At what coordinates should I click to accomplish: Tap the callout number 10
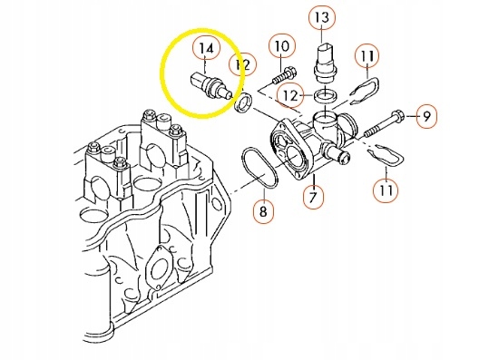[281, 45]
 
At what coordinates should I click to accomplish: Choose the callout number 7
[313, 195]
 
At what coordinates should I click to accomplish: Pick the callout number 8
[262, 213]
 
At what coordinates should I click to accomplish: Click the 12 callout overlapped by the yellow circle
[241, 64]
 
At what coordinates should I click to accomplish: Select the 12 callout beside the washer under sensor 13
[290, 94]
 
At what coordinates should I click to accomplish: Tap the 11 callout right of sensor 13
[366, 56]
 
